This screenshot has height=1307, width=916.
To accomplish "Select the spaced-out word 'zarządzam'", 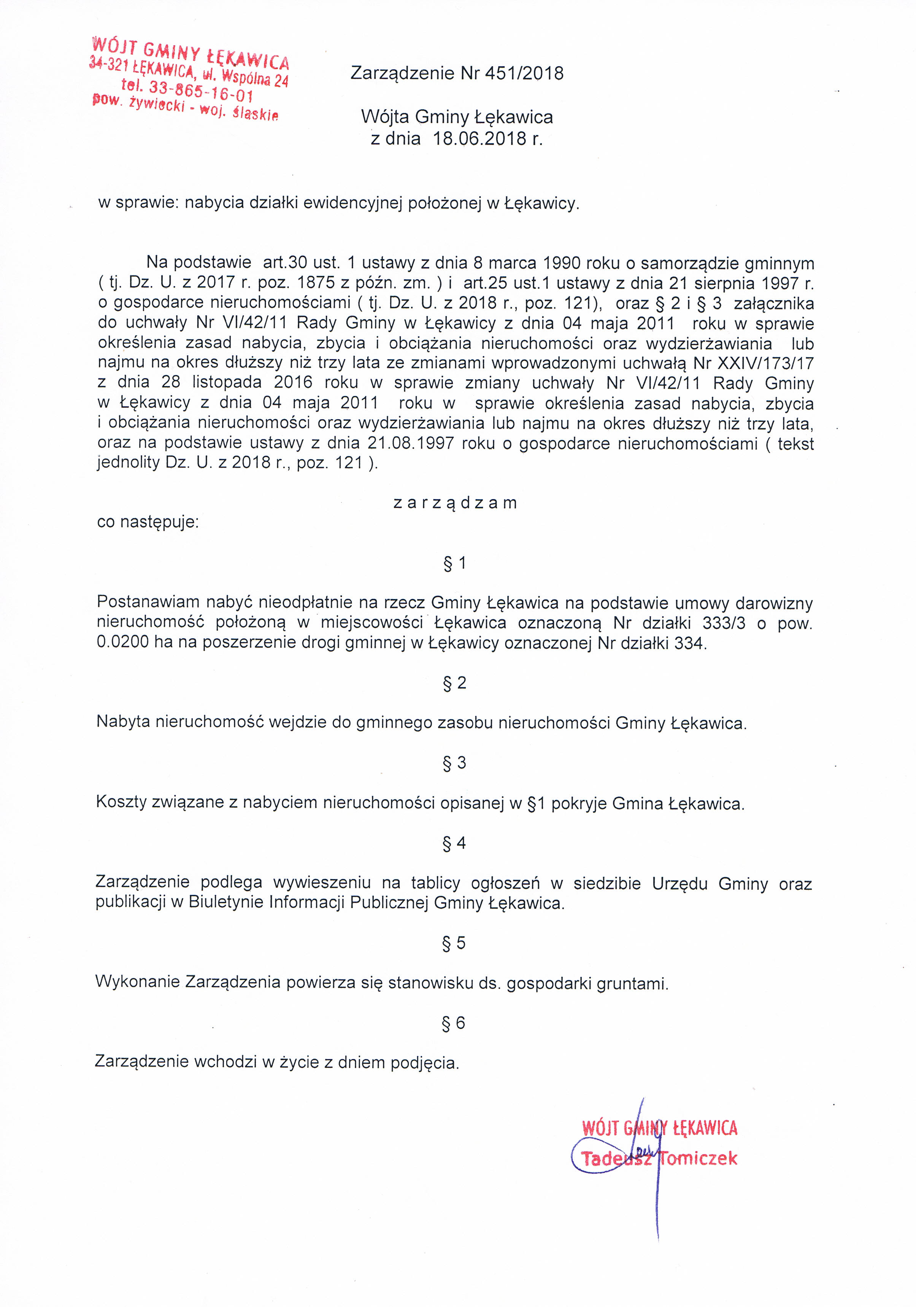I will coord(455,502).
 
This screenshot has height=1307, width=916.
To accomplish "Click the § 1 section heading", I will coord(455,563).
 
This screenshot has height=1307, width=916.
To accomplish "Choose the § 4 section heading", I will coord(454,843).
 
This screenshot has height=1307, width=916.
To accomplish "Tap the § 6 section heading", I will coord(454,1023).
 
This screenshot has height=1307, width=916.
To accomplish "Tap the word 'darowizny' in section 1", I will coord(774,603).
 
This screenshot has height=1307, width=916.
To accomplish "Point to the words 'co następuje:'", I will coord(148,522).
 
